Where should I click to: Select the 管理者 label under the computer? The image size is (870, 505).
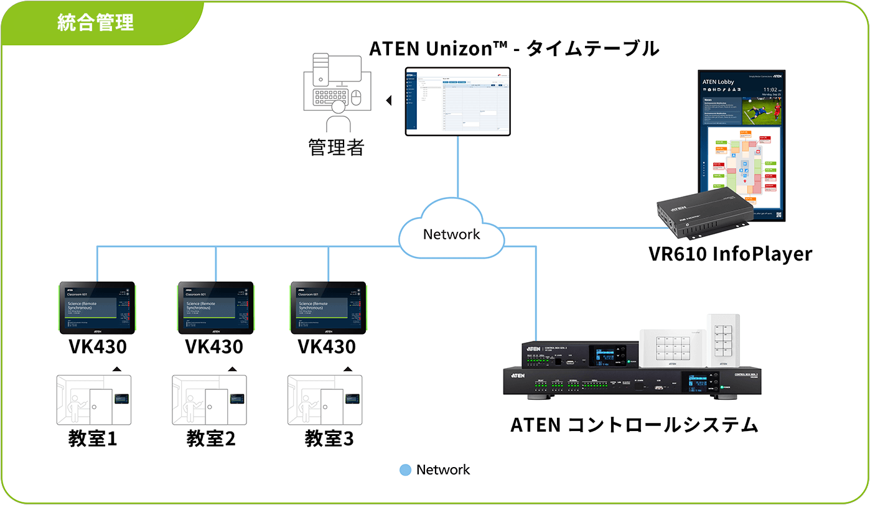pos(336,147)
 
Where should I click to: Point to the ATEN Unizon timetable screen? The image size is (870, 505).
pos(457,101)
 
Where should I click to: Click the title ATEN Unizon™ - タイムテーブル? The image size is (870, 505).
pos(514,49)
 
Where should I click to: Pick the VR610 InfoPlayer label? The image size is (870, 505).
pos(730,254)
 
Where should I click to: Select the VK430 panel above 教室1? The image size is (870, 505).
pos(97,308)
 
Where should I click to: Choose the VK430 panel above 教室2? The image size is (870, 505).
pos(215,308)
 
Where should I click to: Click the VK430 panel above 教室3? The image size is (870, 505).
pos(329,308)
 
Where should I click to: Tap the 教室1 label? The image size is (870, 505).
pos(93,438)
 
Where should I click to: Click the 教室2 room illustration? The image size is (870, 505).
pos(209,400)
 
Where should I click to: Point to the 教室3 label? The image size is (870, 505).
pos(329,438)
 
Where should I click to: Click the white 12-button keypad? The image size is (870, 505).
pos(672,348)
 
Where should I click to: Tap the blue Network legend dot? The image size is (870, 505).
pos(406,470)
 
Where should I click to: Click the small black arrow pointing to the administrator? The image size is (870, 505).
pos(389,100)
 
